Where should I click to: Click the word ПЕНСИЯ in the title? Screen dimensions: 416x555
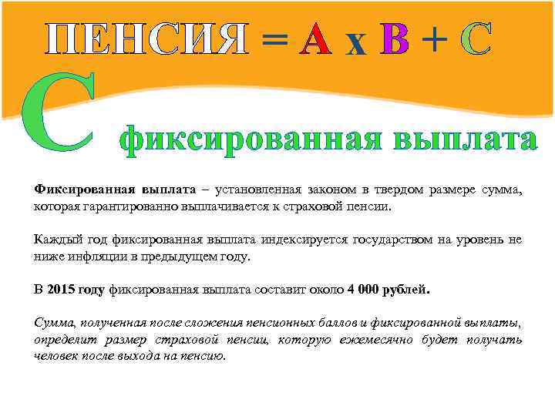click(146, 39)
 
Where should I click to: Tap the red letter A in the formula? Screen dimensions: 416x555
click(316, 39)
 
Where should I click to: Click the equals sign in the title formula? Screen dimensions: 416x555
click(275, 40)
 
